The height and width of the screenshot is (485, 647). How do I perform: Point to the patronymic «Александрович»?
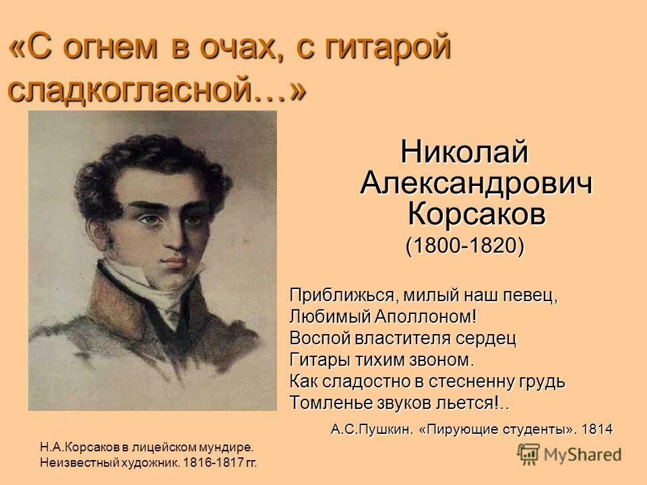(476, 183)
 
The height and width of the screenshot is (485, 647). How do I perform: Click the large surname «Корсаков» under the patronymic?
(476, 214)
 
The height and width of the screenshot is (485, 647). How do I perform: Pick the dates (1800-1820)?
(464, 246)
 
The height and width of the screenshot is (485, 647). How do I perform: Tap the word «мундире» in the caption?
(228, 447)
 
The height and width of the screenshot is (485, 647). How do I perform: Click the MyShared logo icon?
(530, 455)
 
